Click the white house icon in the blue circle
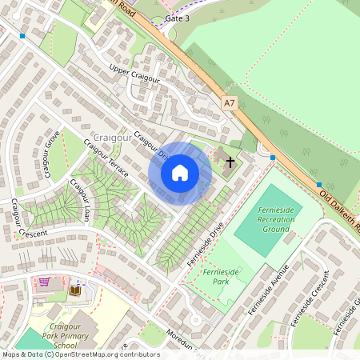pos(180,172)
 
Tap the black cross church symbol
pos(230,162)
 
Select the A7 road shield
pos(230,102)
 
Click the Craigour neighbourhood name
pos(112,138)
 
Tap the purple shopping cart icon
pos(44,282)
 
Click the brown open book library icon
pos(77,290)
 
